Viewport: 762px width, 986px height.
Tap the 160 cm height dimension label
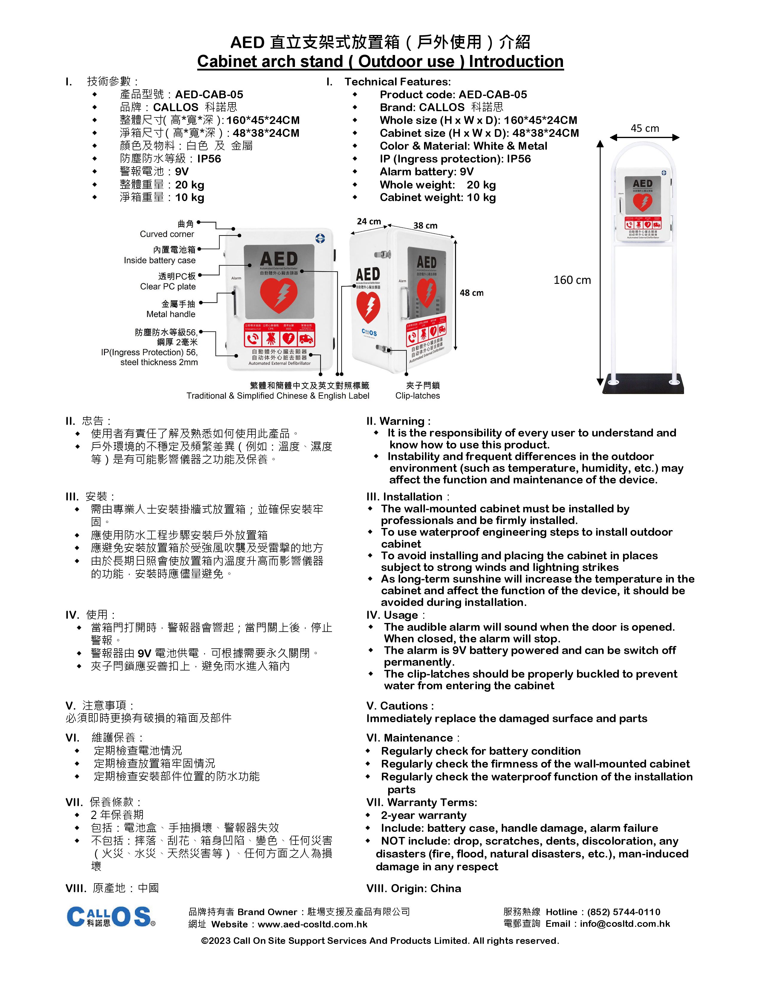tap(572, 280)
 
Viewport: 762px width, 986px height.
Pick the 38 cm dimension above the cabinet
tap(425, 226)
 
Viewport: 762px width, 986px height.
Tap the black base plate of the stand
tap(643, 384)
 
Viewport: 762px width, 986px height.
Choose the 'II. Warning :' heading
tap(398, 421)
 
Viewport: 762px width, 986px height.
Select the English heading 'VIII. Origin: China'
tap(414, 889)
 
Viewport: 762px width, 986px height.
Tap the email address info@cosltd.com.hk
tap(625, 924)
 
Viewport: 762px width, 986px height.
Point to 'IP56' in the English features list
tap(519, 159)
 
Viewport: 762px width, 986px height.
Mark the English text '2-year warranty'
tap(423, 815)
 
